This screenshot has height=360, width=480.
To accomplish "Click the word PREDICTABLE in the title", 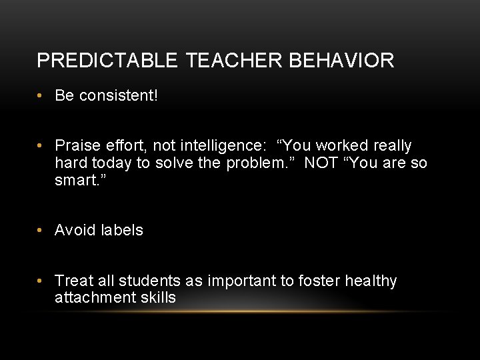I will [x=107, y=61].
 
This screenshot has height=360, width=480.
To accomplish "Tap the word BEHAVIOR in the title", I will [x=341, y=61].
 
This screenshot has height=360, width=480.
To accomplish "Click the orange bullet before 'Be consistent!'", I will [x=41, y=96].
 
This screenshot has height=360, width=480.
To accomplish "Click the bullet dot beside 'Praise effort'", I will [x=41, y=146].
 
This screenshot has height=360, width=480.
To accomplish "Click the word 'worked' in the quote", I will [x=342, y=146].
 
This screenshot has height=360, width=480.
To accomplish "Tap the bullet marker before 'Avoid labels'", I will [x=41, y=231].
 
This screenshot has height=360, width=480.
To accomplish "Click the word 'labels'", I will [x=123, y=231].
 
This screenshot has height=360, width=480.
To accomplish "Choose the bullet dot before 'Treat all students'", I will [x=41, y=281].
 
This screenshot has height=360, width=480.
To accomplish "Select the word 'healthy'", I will [x=371, y=281].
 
